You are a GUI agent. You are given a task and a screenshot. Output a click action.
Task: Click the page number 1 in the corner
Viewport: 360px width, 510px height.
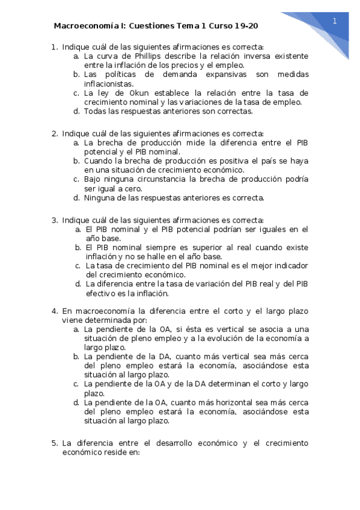pos(334,21)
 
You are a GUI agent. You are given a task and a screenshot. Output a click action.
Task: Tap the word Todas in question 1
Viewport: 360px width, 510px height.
pos(95,111)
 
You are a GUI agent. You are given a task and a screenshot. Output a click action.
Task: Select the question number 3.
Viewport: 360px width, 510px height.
pos(54,220)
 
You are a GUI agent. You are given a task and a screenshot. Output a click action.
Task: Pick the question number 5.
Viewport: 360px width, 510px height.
pos(54,443)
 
